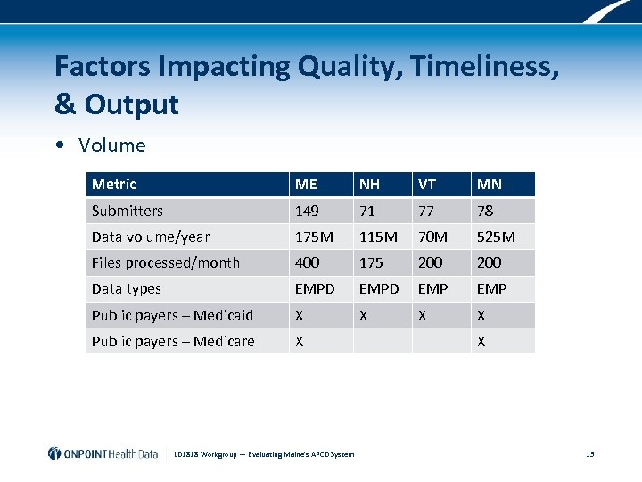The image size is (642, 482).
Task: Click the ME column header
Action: click(306, 185)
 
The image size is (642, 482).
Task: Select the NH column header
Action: click(369, 185)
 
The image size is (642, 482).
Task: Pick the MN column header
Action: click(489, 185)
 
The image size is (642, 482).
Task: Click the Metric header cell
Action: click(114, 185)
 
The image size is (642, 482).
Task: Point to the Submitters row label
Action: click(128, 211)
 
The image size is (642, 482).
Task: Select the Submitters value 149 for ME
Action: click(308, 211)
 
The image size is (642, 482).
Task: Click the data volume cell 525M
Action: click(496, 237)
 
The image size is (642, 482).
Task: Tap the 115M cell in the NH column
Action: click(378, 237)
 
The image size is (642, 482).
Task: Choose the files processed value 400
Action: click(308, 262)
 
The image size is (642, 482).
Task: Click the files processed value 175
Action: click(371, 262)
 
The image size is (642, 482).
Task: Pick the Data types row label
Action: click(127, 288)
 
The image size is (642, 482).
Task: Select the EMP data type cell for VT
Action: click(432, 288)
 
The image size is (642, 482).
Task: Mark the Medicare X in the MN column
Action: click(481, 341)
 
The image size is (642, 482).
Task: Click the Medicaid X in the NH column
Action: click(363, 315)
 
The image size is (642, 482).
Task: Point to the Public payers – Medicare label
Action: click(173, 341)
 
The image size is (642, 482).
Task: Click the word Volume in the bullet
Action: click(111, 145)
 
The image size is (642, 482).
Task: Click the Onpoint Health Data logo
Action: click(103, 453)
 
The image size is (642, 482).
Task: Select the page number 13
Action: click(589, 454)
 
